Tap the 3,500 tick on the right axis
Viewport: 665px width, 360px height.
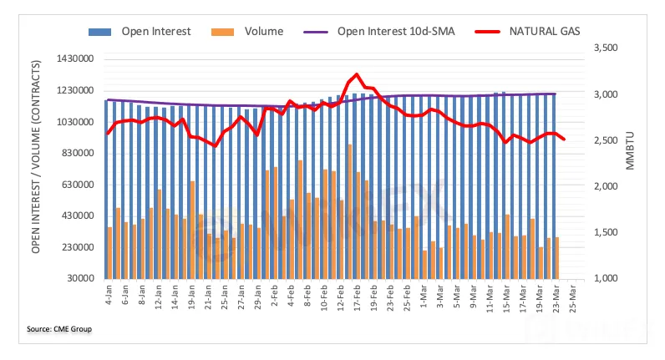point(605,49)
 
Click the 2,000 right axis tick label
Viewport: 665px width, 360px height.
point(605,187)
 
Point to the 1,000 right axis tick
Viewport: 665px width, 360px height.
point(605,279)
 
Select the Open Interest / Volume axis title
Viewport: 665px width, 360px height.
point(38,168)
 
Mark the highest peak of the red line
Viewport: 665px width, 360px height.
point(358,74)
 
